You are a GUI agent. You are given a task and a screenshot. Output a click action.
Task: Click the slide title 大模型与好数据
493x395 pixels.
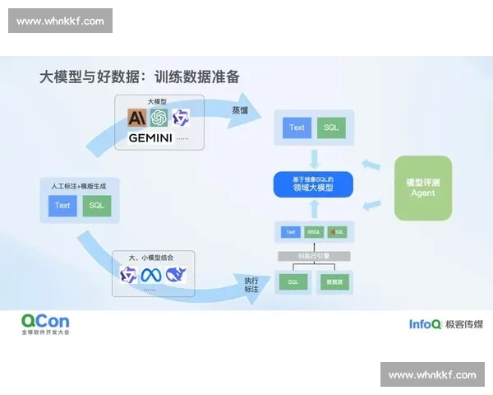(140, 77)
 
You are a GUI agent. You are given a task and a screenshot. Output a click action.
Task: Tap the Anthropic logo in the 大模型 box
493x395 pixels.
(136, 118)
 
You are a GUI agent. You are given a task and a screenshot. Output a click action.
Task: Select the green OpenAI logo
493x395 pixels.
(158, 118)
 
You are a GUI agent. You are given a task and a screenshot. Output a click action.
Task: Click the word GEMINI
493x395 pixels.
(150, 138)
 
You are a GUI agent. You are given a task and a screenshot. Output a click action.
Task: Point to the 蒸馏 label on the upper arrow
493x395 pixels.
(239, 109)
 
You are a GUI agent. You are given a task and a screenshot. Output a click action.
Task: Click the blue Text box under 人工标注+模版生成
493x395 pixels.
(62, 205)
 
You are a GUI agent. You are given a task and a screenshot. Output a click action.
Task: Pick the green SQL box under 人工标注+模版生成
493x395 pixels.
(96, 205)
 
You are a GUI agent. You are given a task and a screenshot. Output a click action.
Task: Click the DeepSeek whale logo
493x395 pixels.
(176, 275)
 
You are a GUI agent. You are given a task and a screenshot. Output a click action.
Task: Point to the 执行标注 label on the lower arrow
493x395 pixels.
(251, 285)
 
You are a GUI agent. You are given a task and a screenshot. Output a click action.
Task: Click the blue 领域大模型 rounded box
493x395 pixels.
(312, 184)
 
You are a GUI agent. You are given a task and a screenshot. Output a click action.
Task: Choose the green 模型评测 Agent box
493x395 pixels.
(422, 188)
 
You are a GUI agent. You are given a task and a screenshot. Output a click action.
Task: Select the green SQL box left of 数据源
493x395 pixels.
(293, 282)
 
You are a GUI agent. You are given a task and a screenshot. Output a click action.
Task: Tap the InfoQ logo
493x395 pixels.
(425, 324)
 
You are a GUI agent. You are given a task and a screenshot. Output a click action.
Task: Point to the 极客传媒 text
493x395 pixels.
(463, 324)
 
